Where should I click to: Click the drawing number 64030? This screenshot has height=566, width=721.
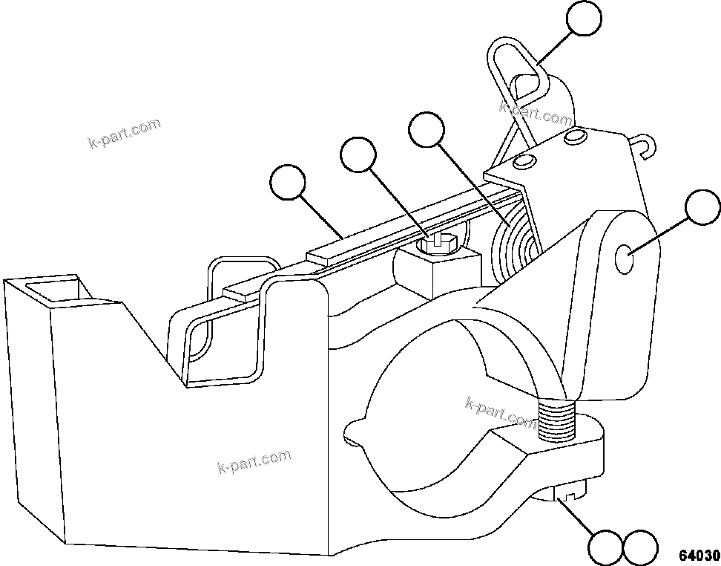pyautogui.click(x=699, y=555)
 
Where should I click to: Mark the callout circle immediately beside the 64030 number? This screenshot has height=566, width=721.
pyautogui.click(x=640, y=548)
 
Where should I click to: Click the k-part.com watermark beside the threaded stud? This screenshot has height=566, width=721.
pyautogui.click(x=500, y=412)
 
